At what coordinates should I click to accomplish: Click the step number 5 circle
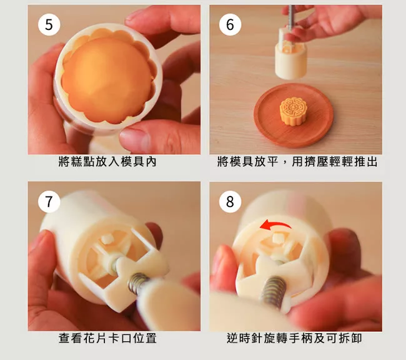(x=49, y=25)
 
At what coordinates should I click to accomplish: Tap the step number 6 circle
(x=230, y=25)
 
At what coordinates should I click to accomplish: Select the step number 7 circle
(x=49, y=202)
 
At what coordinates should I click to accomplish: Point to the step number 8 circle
(x=230, y=202)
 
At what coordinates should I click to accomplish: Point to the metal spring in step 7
(x=137, y=283)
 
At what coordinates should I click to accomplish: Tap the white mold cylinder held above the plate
(x=291, y=57)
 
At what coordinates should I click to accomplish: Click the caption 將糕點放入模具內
(x=107, y=162)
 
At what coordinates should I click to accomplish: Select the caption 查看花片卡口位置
(x=107, y=338)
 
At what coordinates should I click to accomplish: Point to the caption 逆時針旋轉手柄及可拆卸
(x=294, y=338)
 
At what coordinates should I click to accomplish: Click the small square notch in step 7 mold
(x=107, y=239)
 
